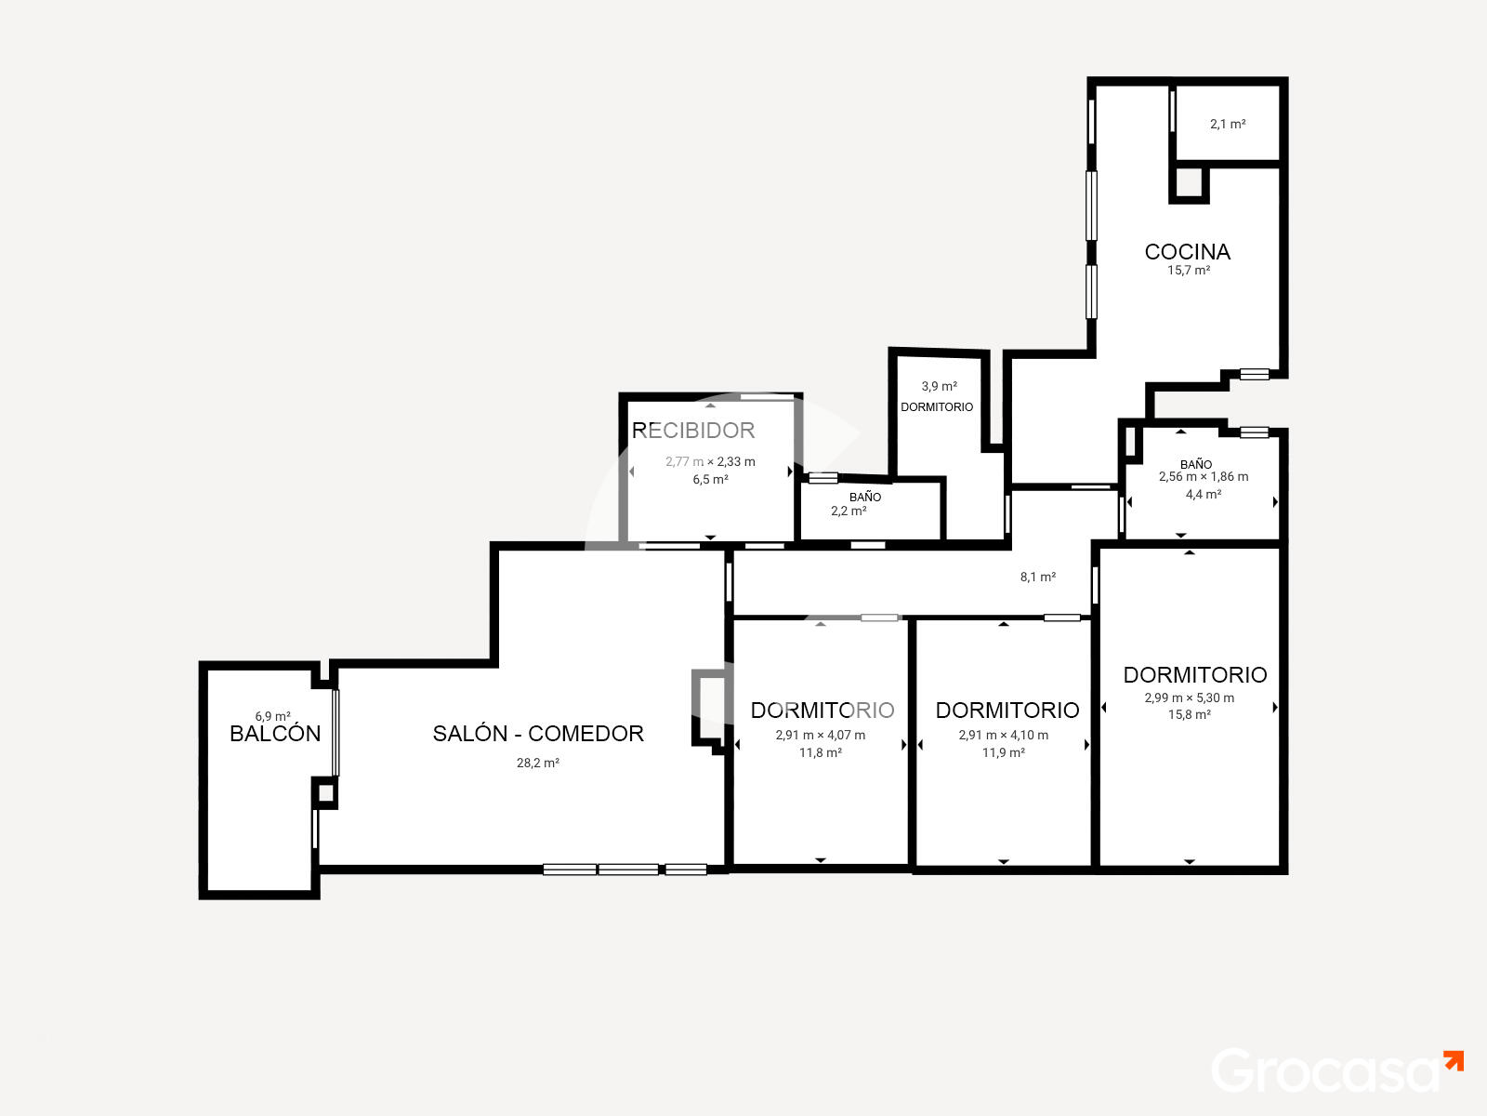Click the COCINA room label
pos(1187,251)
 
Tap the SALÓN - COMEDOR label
pos(538,733)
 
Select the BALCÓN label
pos(274,733)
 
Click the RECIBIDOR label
pos(692,431)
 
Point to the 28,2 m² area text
pos(537,763)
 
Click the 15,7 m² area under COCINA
pos(1189,271)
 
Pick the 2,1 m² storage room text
pos(1228,124)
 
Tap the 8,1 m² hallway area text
pos(1038,577)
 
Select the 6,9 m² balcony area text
pos(272,716)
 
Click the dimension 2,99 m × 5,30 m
pos(1189,697)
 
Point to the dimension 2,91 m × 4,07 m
pos(820,736)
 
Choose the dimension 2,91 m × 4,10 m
pos(1003,736)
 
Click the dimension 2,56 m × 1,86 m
pos(1204,477)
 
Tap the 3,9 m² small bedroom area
pos(939,386)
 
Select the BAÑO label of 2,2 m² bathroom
pos(865,497)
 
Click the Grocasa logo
pos(1336,1070)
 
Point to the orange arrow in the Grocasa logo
pos(1454,1061)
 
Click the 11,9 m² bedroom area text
pos(1003,752)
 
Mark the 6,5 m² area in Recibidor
pos(710,480)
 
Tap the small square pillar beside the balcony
pos(325,792)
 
